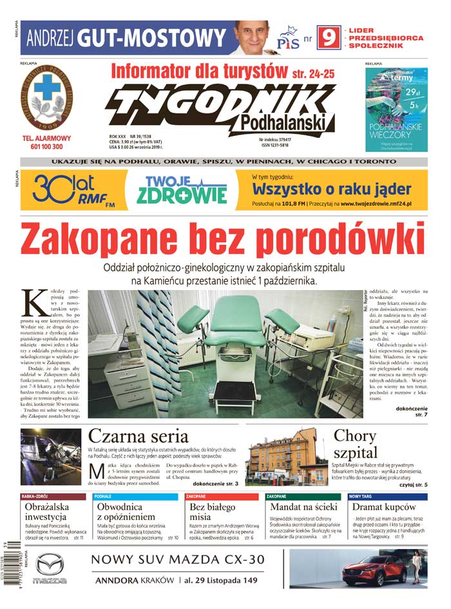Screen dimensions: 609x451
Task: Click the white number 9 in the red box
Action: click(x=328, y=39)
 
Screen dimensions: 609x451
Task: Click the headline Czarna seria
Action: click(x=138, y=436)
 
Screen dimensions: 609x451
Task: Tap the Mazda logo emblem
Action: click(x=50, y=565)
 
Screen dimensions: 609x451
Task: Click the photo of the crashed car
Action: click(x=50, y=457)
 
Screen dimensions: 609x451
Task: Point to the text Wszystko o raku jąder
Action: click(x=332, y=189)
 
